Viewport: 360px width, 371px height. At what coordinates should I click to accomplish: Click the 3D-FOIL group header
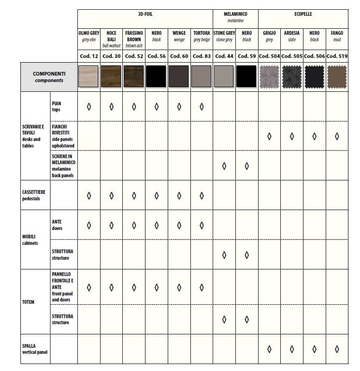(x=145, y=14)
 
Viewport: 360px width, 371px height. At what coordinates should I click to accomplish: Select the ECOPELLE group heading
(x=303, y=14)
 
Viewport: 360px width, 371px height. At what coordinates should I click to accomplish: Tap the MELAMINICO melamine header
(x=235, y=17)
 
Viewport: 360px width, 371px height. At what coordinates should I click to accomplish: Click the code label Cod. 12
(x=89, y=56)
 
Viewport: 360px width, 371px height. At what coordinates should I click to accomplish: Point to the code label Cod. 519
(x=337, y=56)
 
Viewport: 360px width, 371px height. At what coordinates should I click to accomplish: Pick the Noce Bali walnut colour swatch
(x=111, y=76)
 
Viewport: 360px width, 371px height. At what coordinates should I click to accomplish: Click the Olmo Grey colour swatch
(x=89, y=76)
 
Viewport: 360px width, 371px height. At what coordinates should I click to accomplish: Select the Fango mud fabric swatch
(x=337, y=76)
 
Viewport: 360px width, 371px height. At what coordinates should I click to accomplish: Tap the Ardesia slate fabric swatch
(x=292, y=76)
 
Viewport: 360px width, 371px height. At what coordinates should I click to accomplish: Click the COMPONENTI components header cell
(x=49, y=77)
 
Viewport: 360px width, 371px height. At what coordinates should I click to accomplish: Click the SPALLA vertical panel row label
(x=35, y=349)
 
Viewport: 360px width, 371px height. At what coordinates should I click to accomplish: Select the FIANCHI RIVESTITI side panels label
(x=63, y=136)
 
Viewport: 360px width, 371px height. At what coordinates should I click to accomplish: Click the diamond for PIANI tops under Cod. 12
(x=89, y=107)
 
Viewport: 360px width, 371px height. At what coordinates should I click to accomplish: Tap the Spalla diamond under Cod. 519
(x=337, y=349)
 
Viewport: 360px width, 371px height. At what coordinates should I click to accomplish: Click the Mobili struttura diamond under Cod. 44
(x=224, y=255)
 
